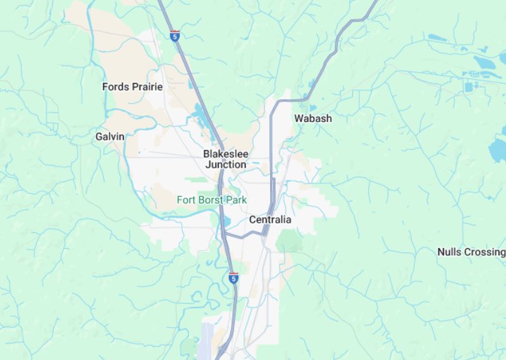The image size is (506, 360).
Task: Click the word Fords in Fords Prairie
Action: [115, 87]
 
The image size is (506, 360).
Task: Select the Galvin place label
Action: [109, 136]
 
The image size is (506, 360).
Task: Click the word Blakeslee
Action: [226, 154]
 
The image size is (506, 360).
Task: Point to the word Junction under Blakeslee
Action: [226, 164]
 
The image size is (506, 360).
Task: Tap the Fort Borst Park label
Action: [211, 200]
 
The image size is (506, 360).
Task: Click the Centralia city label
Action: [270, 220]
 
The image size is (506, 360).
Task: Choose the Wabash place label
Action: [312, 118]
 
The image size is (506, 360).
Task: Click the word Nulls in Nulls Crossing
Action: [450, 252]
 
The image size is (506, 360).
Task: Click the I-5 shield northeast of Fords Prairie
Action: [175, 36]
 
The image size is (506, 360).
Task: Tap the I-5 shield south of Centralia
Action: [233, 278]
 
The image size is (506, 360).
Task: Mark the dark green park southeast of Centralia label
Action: [289, 241]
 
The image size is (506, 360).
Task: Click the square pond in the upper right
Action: [469, 87]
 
